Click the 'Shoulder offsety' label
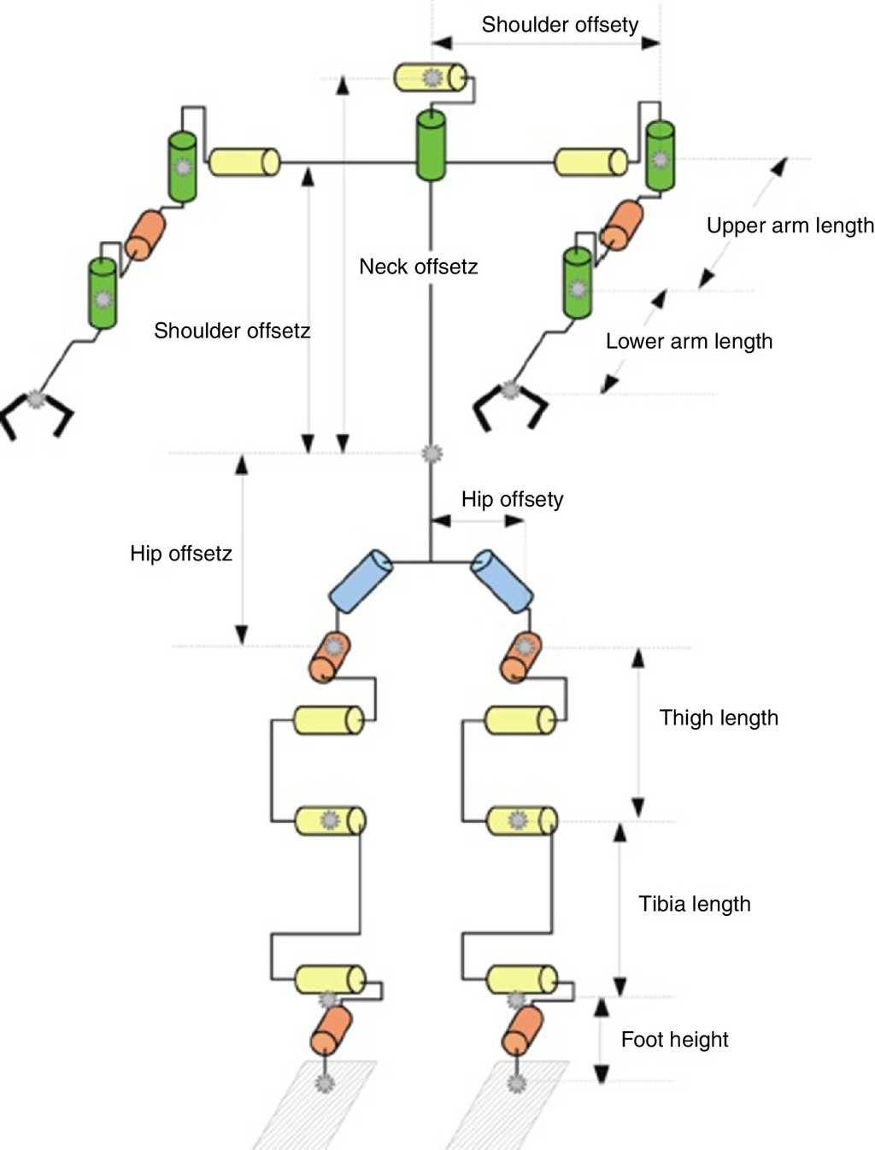(560, 25)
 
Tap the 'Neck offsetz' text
(418, 267)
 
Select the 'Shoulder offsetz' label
(232, 331)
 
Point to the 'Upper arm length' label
(790, 226)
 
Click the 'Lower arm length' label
(689, 342)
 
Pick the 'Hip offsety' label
(512, 499)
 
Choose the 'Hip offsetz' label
(181, 554)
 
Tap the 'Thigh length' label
(719, 718)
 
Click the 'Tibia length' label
(694, 904)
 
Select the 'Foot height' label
(674, 1040)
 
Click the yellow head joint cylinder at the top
(430, 77)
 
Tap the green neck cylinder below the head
(431, 145)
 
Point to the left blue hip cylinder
(361, 581)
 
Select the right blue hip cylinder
(502, 581)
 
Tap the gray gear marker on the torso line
(432, 453)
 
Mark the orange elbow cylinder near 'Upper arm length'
(621, 225)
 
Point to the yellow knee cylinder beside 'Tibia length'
(521, 821)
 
